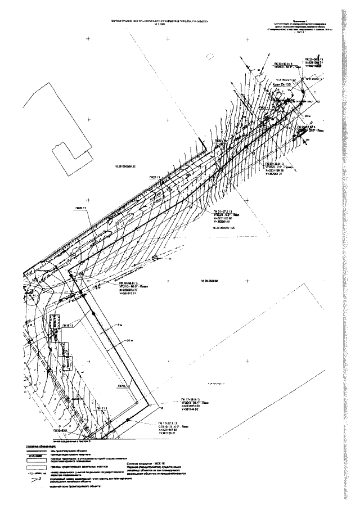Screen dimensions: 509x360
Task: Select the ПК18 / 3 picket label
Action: (x=123, y=386)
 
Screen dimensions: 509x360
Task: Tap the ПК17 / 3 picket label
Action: (x=102, y=408)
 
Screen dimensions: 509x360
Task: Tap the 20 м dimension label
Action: (x=130, y=341)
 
